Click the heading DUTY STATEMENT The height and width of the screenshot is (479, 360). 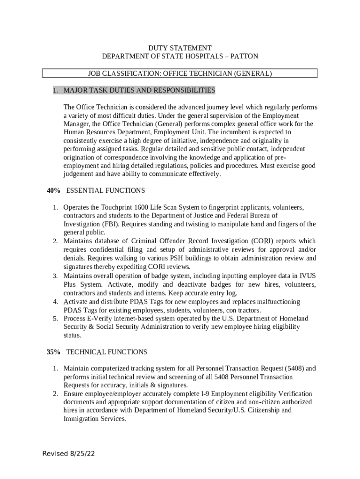pyautogui.click(x=180, y=48)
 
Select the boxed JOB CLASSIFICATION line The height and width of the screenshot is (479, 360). pyautogui.click(x=180, y=73)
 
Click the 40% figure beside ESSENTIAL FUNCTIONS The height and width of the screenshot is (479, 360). pyautogui.click(x=53, y=191)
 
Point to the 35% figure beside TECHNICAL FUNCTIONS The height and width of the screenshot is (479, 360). pyautogui.click(x=53, y=352)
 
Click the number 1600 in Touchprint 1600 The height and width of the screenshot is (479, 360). pyautogui.click(x=142, y=207)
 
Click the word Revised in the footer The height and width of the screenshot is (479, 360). pyautogui.click(x=55, y=454)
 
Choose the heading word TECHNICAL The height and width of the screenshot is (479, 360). pyautogui.click(x=86, y=352)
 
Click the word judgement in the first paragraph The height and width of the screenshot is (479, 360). pyautogui.click(x=79, y=174)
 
